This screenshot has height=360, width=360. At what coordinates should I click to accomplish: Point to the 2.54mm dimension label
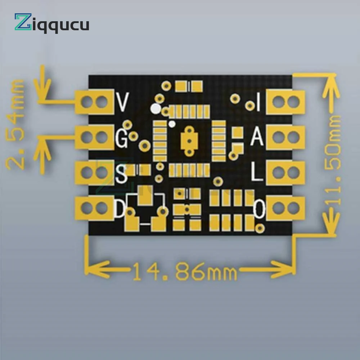pyautogui.click(x=16, y=124)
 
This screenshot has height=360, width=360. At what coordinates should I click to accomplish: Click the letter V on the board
pyautogui.click(x=122, y=102)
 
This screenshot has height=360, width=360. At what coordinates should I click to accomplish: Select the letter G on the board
pyautogui.click(x=122, y=138)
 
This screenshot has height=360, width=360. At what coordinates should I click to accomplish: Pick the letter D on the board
pyautogui.click(x=120, y=209)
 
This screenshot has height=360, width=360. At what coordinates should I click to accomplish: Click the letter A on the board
pyautogui.click(x=257, y=137)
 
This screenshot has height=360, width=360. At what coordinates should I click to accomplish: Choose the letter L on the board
pyautogui.click(x=257, y=173)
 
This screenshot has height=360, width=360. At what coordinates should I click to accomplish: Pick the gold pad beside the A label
pyautogui.click(x=286, y=137)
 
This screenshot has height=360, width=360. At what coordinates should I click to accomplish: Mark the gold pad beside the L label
pyautogui.click(x=286, y=173)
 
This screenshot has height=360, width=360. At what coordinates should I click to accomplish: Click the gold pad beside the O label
pyautogui.click(x=286, y=208)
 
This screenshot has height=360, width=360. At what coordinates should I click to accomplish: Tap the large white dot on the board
pyautogui.click(x=156, y=108)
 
